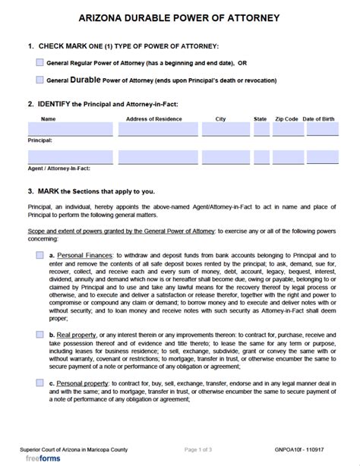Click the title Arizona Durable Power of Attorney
179,17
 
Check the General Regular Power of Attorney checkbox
39,62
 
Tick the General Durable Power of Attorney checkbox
39,78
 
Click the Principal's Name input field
70,130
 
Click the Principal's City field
221,130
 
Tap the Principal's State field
261,130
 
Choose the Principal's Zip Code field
286,130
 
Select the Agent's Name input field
70,157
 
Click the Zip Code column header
286,118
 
